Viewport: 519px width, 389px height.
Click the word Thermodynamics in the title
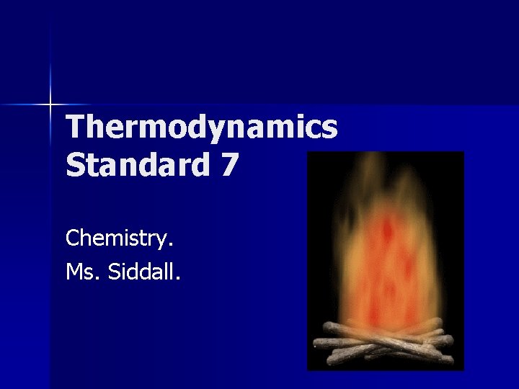click(x=201, y=128)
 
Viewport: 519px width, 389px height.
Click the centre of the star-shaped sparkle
click(x=50, y=105)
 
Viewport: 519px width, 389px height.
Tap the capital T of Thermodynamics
click(x=74, y=128)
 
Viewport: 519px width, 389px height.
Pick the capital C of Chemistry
click(x=72, y=237)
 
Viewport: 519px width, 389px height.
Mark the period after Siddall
click(x=178, y=278)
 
